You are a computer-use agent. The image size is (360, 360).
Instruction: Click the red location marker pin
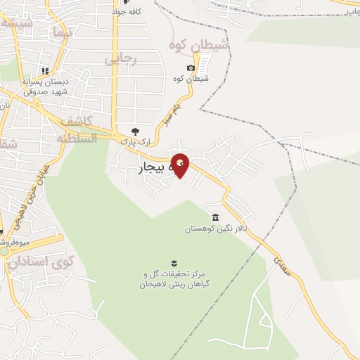(x=181, y=165)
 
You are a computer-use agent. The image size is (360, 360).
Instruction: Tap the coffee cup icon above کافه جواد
(x=116, y=2)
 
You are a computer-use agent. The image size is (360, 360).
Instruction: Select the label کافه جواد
(x=117, y=12)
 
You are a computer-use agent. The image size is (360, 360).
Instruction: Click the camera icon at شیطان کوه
(x=191, y=68)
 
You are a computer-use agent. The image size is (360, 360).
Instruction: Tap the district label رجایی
(x=120, y=60)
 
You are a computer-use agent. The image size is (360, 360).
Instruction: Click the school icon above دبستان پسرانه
(x=44, y=71)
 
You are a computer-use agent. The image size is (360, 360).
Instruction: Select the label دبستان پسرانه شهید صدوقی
(x=44, y=86)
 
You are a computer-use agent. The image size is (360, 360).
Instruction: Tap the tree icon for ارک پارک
(x=136, y=131)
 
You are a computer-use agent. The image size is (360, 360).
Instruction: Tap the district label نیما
(x=60, y=32)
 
